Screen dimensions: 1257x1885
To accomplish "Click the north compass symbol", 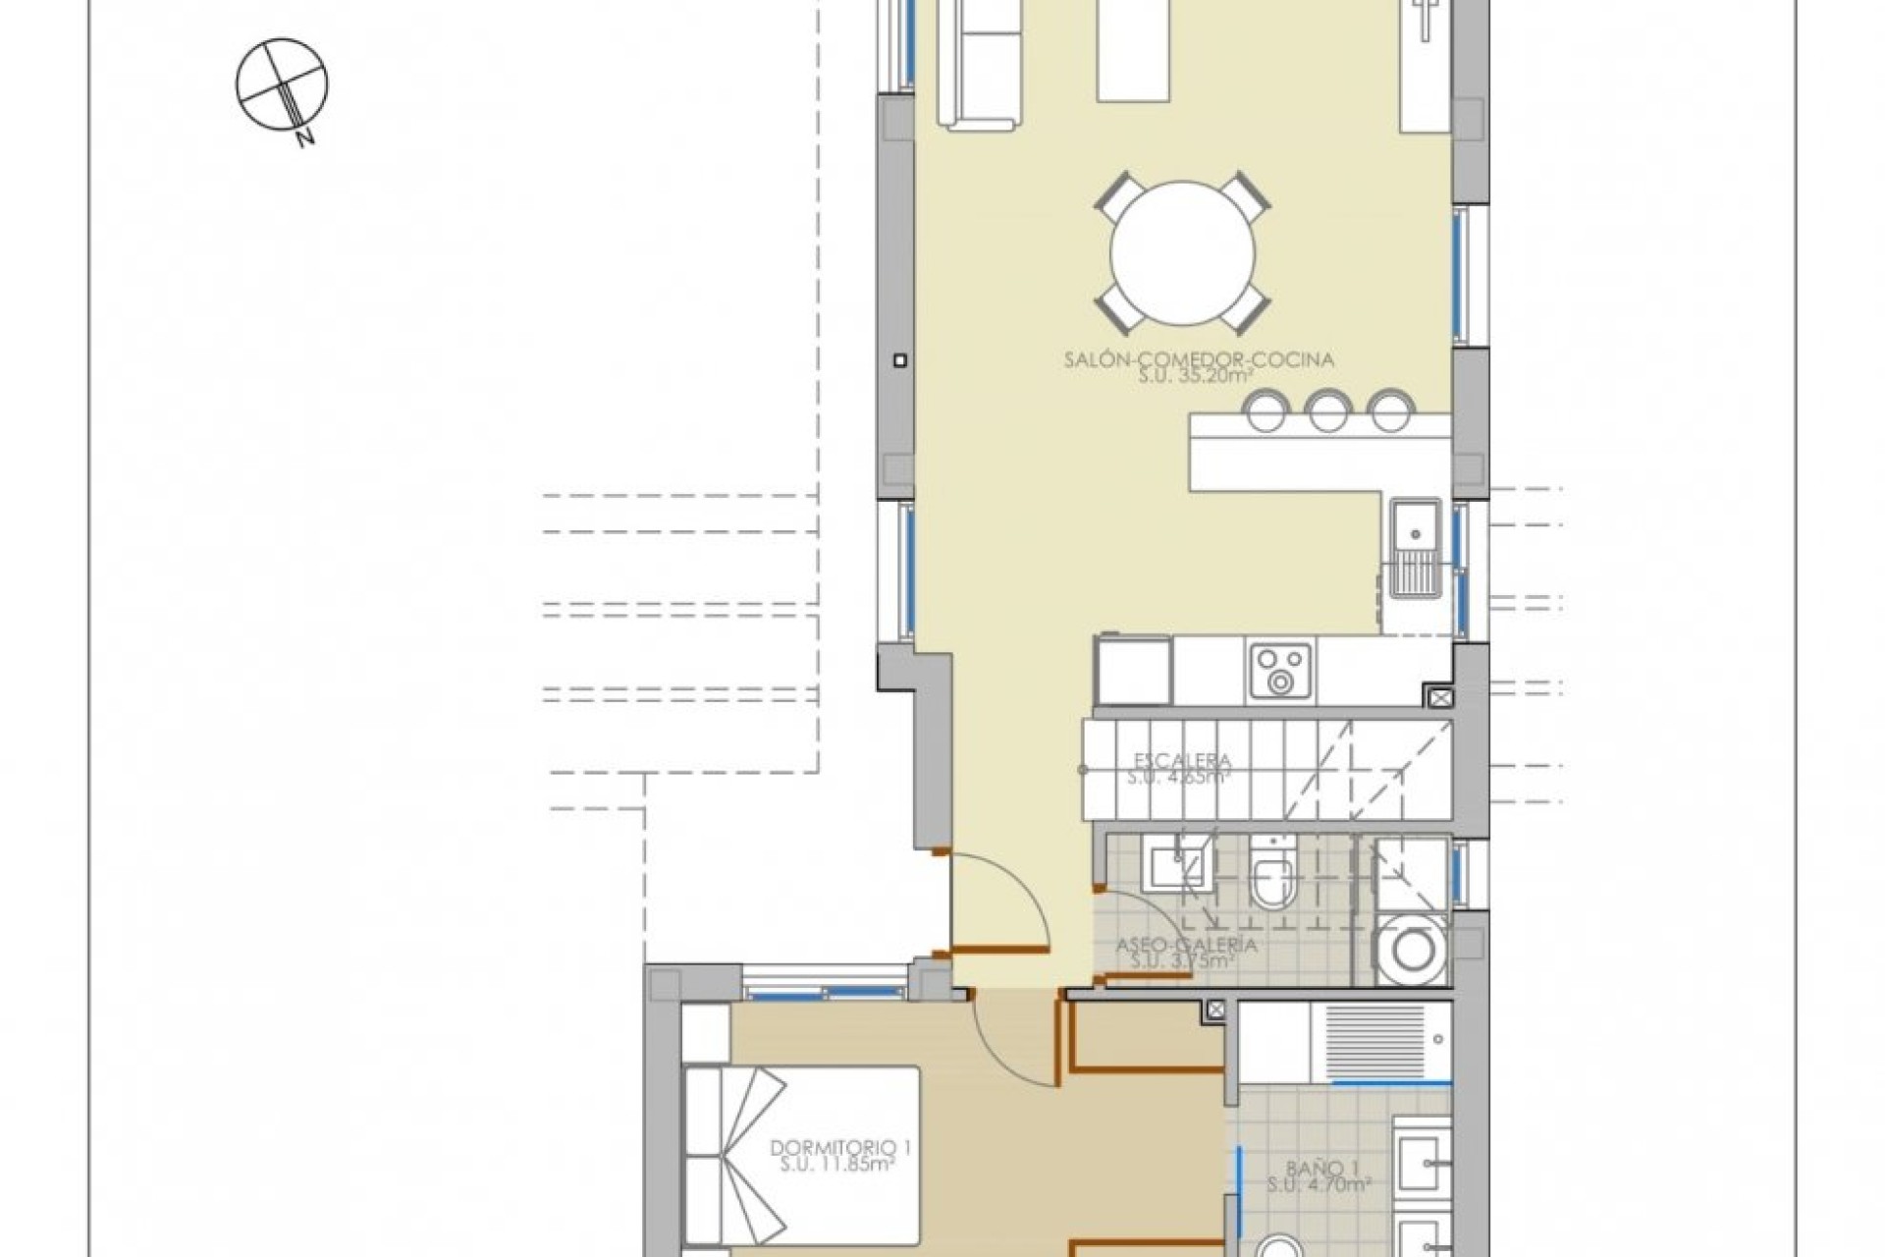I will click(x=282, y=84).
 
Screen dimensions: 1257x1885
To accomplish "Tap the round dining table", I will click(x=1182, y=254).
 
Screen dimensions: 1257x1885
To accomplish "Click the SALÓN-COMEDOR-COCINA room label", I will click(x=1199, y=359).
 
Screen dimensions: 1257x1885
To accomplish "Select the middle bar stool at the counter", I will click(x=1327, y=411).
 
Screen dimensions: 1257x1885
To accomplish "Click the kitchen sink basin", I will click(x=1415, y=534).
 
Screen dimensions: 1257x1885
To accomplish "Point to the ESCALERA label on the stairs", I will click(x=1182, y=760).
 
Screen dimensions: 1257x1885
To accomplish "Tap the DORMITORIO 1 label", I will click(x=834, y=1146).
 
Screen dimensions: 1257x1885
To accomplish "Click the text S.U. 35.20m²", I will click(x=1199, y=376).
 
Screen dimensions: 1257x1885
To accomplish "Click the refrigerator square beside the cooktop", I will click(x=1133, y=671).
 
